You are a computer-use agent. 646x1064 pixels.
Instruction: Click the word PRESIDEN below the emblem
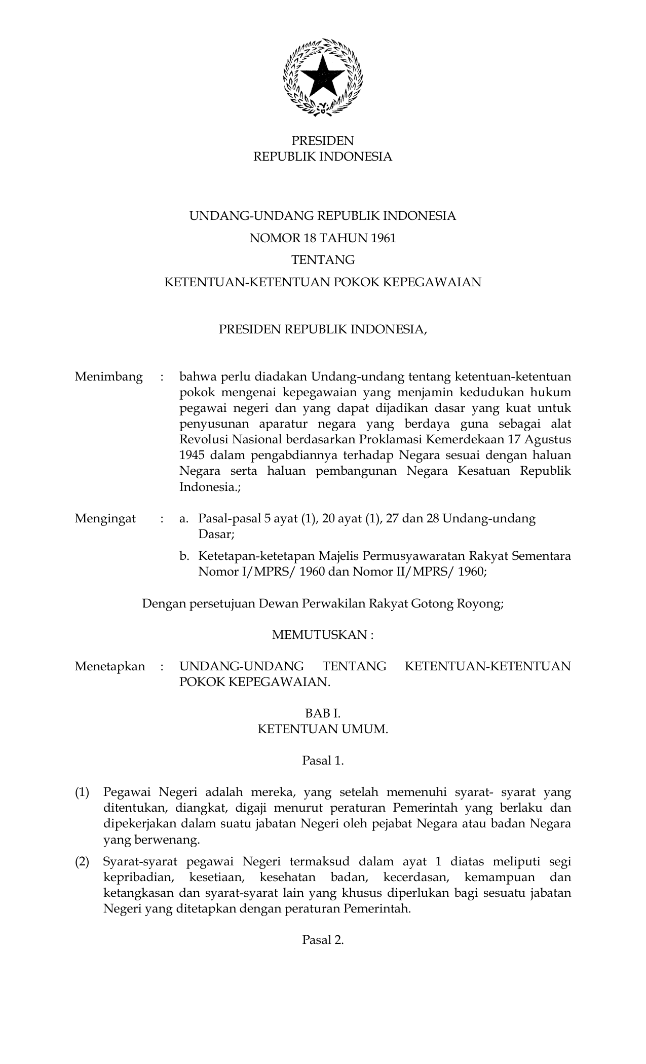tap(322, 140)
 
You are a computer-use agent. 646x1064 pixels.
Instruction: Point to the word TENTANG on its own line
tap(323, 260)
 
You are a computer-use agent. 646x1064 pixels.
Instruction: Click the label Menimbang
tap(108, 377)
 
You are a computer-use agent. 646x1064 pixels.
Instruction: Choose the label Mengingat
tap(105, 518)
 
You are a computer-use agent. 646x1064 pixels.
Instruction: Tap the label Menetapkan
tap(109, 666)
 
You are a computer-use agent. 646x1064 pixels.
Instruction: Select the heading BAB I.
tap(323, 713)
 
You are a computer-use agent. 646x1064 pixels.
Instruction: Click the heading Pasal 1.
tap(323, 761)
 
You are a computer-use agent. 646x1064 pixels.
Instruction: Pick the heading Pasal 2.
tap(323, 940)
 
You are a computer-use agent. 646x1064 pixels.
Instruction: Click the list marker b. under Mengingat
tap(184, 556)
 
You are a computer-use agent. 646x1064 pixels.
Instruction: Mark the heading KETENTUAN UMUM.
tap(323, 729)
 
